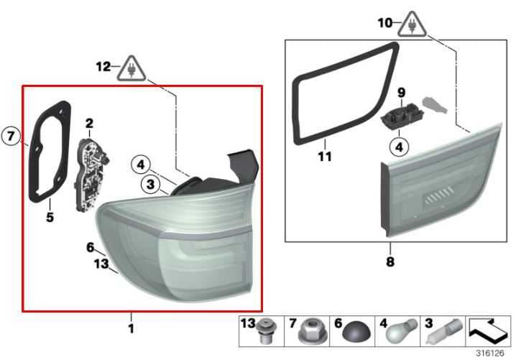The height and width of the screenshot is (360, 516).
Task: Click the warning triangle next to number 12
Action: click(x=132, y=70)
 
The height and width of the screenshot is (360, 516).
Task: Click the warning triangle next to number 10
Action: click(x=412, y=25)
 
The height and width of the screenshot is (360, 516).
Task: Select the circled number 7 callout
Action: click(x=11, y=135)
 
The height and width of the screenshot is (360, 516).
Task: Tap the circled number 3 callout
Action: click(x=150, y=184)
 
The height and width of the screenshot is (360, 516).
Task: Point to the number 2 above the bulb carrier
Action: click(x=89, y=124)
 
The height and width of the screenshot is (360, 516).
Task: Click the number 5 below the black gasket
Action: click(x=50, y=217)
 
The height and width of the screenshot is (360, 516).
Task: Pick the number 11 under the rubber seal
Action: click(x=325, y=157)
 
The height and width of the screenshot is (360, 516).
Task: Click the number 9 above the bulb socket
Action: click(x=401, y=93)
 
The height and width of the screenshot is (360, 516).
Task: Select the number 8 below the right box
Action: click(x=390, y=262)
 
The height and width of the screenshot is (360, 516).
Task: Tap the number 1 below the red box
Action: click(x=131, y=328)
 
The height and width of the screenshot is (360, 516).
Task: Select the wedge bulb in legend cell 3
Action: click(x=444, y=332)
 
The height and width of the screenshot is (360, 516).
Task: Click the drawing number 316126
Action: click(x=489, y=354)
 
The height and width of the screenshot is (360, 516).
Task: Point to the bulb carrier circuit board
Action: click(x=91, y=175)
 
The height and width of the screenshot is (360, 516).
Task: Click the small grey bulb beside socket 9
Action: click(x=434, y=105)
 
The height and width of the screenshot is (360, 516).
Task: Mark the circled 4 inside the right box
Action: click(x=399, y=147)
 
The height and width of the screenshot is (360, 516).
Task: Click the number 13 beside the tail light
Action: click(x=101, y=263)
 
